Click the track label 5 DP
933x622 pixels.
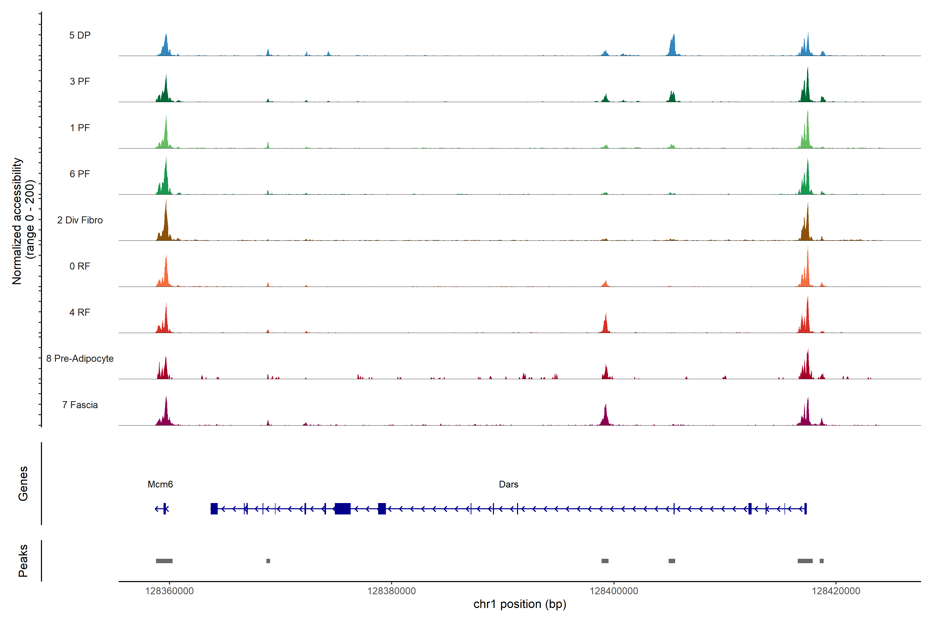tap(80, 35)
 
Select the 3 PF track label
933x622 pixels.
tap(80, 81)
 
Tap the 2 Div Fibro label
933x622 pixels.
tap(80, 220)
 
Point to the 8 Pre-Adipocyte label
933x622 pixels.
tap(80, 359)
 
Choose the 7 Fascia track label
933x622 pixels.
tap(80, 405)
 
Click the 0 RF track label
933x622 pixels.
tap(80, 266)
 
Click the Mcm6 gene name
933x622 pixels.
tap(160, 484)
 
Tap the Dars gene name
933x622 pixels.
tap(508, 484)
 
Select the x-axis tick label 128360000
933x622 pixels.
tap(169, 591)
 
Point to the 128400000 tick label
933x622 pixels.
tap(614, 591)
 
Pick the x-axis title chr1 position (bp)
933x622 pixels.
tap(520, 604)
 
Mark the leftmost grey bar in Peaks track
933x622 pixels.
tap(164, 561)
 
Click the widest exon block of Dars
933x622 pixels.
tap(342, 508)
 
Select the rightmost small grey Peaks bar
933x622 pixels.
tap(822, 561)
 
